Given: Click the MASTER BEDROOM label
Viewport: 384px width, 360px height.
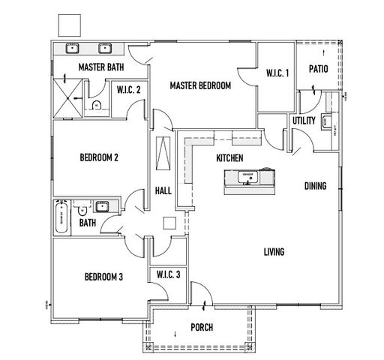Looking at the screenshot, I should [199, 85].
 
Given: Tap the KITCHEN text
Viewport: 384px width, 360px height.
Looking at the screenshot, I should [229, 158].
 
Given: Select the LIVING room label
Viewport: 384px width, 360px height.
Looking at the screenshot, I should [274, 252].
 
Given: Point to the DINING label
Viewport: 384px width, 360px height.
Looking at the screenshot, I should [315, 185].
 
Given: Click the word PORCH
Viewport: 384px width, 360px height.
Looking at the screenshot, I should [202, 328].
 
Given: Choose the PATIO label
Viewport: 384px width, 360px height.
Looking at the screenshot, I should [320, 69].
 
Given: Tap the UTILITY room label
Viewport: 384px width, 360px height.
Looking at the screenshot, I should [304, 120].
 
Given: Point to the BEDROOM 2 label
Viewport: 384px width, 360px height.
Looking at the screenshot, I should [100, 157].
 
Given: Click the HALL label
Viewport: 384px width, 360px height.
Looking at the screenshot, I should [163, 191].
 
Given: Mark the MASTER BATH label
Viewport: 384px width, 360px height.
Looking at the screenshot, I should [101, 67].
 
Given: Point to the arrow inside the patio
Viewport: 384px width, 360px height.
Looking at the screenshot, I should [322, 54].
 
